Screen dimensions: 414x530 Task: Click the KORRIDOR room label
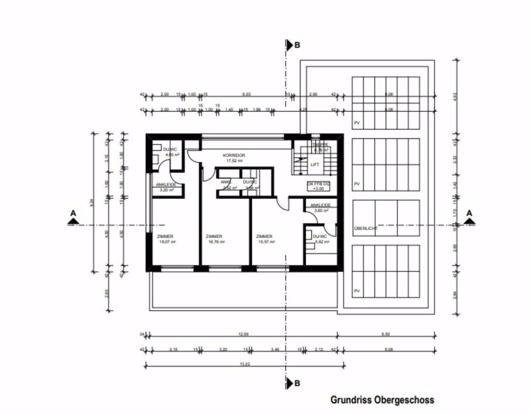(x=234, y=156)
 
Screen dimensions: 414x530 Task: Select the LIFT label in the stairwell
(x=314, y=165)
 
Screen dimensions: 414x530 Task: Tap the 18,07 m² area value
(x=167, y=242)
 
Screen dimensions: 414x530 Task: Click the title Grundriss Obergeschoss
(x=382, y=400)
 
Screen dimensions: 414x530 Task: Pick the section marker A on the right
(x=469, y=214)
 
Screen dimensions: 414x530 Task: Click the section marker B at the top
(x=297, y=46)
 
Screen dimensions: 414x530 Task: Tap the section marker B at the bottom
(x=297, y=383)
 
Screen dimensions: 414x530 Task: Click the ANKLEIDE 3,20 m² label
(x=165, y=187)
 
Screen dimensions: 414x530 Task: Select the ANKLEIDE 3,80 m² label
(x=321, y=207)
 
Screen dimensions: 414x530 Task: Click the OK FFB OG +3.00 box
(x=319, y=186)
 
